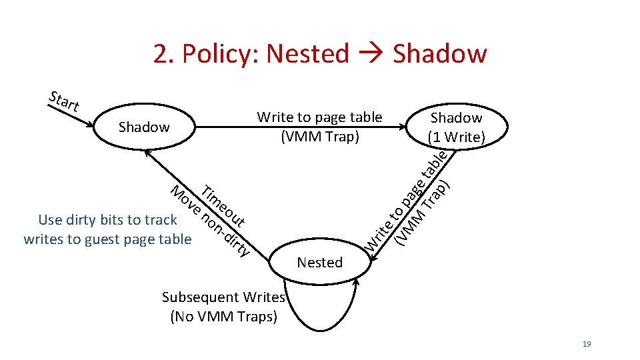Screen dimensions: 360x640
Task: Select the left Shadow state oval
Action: point(143,127)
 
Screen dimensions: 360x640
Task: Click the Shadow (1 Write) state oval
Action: point(457,127)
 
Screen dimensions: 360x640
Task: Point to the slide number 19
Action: point(587,344)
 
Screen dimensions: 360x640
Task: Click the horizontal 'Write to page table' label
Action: point(319,117)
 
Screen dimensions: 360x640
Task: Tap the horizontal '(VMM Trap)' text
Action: point(320,137)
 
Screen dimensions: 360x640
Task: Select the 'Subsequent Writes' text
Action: point(223,297)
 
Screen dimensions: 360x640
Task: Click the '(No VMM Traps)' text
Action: point(223,316)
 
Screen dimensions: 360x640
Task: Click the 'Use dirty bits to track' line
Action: point(107,220)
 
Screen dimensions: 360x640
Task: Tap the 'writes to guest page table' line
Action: point(107,239)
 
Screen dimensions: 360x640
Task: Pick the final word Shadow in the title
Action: point(440,53)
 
